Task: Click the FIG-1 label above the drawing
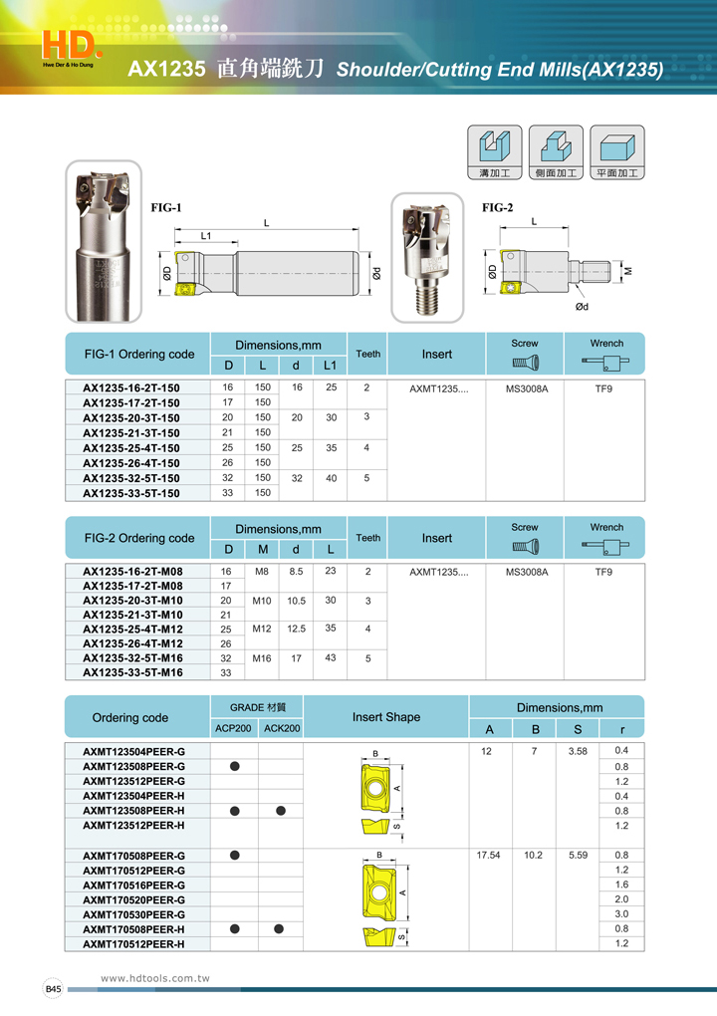pyautogui.click(x=166, y=208)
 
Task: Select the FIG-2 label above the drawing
pyautogui.click(x=498, y=208)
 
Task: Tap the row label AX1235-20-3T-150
pyautogui.click(x=131, y=417)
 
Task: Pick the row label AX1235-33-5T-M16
pyautogui.click(x=132, y=672)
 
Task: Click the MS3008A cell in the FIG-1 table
pyautogui.click(x=526, y=387)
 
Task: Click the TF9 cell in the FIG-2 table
pyautogui.click(x=603, y=572)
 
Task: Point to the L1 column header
pyautogui.click(x=331, y=366)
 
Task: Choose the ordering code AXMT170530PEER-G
pyautogui.click(x=133, y=914)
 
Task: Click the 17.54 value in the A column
pyautogui.click(x=488, y=855)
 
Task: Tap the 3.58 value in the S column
pyautogui.click(x=578, y=750)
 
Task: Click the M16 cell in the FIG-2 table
pyautogui.click(x=262, y=658)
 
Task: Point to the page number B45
pyautogui.click(x=53, y=988)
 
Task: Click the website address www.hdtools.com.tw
pyautogui.click(x=155, y=979)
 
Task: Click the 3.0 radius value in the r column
pyautogui.click(x=622, y=913)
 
